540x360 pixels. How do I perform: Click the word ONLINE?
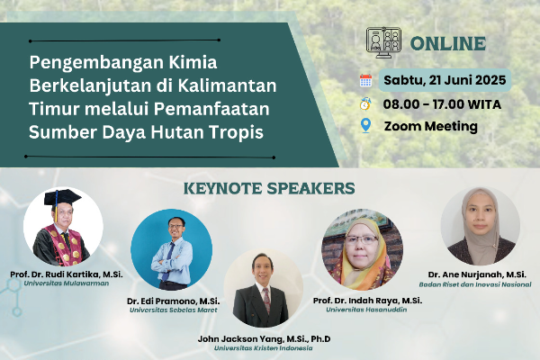click(x=447, y=44)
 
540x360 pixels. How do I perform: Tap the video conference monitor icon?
click(x=383, y=42)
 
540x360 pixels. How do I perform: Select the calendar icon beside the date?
click(x=365, y=80)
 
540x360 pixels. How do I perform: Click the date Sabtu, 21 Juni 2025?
click(x=445, y=80)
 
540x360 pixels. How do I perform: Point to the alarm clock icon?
click(x=365, y=103)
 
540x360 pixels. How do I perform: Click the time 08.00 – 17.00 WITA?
click(x=442, y=104)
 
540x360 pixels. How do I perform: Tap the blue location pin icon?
click(x=365, y=126)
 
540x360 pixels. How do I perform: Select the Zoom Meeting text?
click(x=431, y=126)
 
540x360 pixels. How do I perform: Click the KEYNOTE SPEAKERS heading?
click(x=269, y=188)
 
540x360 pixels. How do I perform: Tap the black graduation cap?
click(x=62, y=197)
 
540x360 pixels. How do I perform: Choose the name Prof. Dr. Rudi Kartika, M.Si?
click(x=67, y=274)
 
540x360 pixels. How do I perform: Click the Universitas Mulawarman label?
click(x=67, y=283)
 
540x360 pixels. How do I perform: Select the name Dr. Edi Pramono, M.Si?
click(x=173, y=301)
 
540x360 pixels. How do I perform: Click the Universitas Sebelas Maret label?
click(x=173, y=310)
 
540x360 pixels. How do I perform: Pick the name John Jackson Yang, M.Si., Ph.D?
click(x=264, y=339)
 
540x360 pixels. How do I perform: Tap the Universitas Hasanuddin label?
click(x=366, y=310)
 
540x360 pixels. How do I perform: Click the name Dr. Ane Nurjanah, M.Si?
click(x=477, y=274)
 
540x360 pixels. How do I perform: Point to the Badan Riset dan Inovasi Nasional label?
click(x=475, y=284)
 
